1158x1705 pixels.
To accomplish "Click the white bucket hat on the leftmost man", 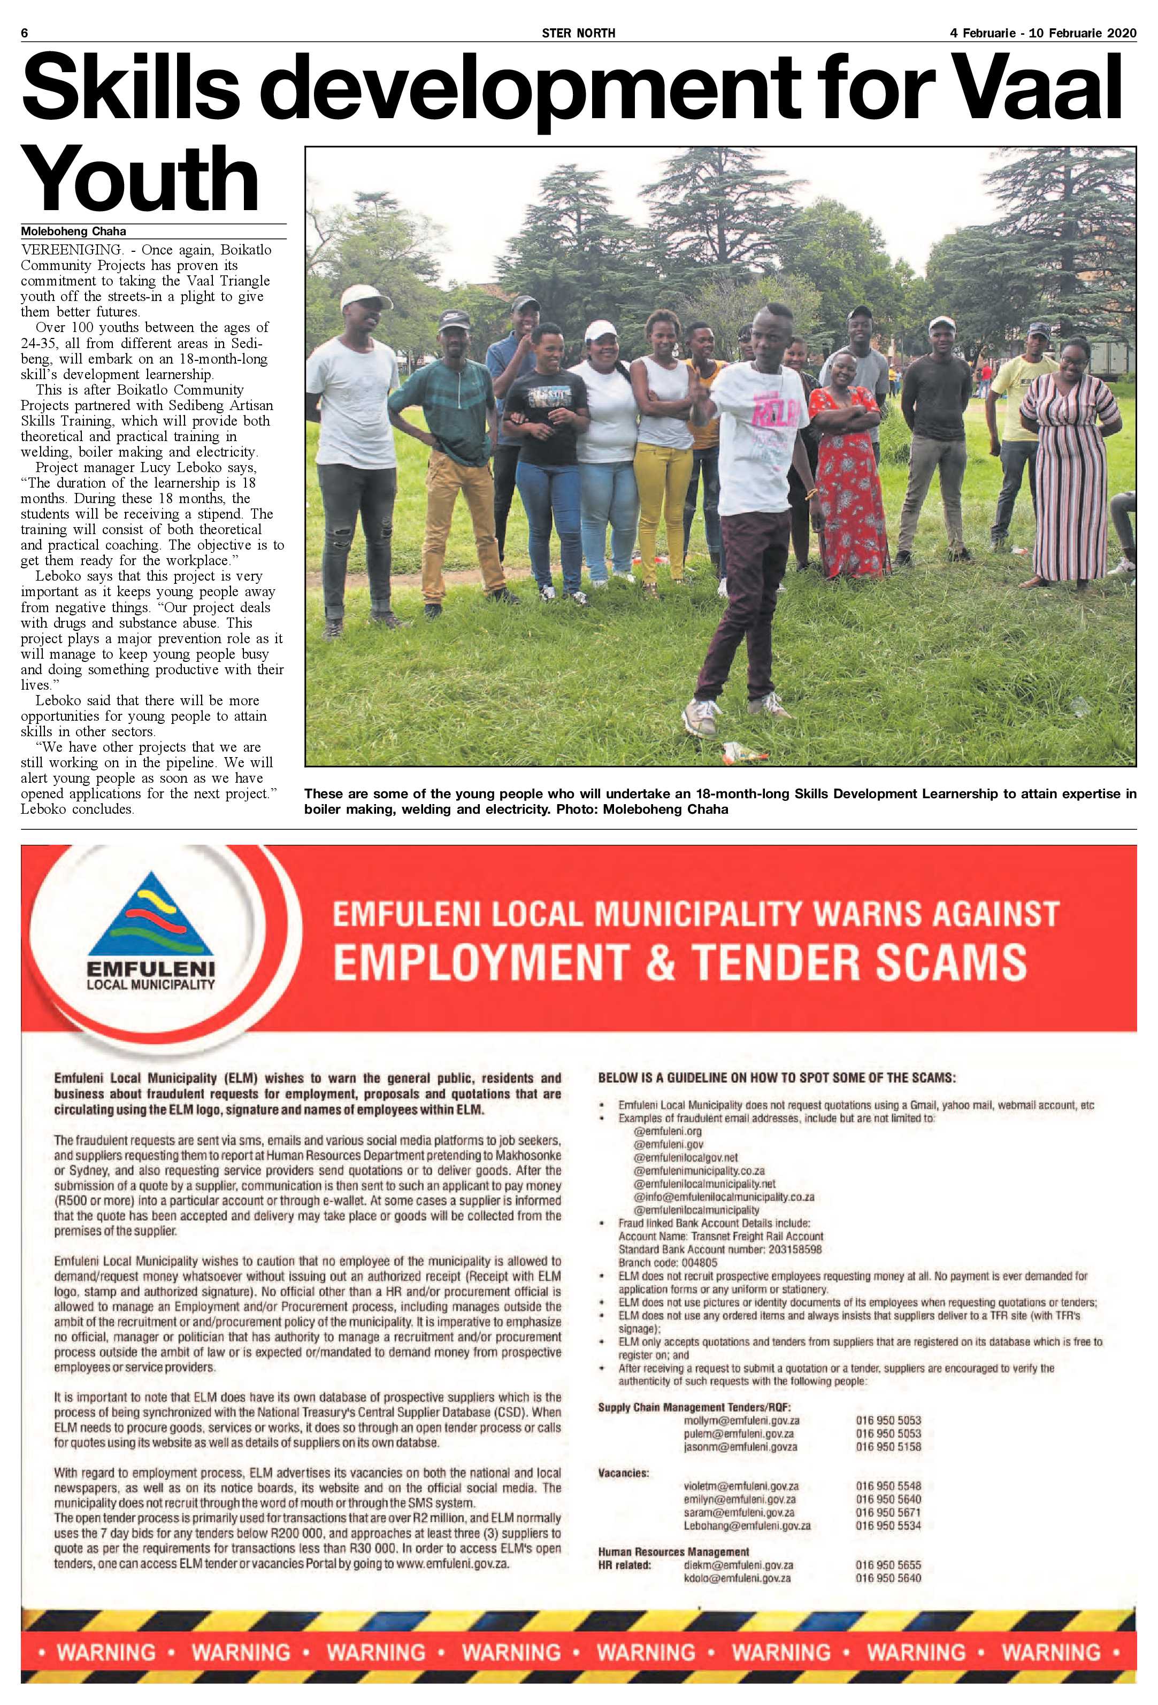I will point(363,297).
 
